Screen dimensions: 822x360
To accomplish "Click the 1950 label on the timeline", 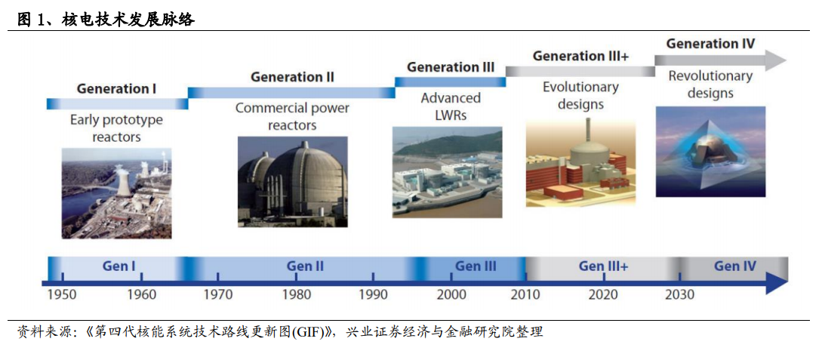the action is point(61,295).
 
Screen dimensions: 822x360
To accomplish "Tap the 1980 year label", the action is point(296,295).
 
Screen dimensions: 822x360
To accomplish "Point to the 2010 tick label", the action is point(526,295).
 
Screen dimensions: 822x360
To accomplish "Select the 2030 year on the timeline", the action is point(680,295).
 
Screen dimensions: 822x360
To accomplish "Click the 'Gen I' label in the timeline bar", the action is point(119,266).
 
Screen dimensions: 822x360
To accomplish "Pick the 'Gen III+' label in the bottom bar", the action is point(603,266).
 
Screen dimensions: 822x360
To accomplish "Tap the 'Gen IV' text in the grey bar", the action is point(735,266).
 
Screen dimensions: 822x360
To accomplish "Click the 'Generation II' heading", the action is point(292,77).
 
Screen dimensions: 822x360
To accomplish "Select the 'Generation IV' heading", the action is point(710,44).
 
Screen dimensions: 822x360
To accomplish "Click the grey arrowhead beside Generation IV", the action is point(774,60).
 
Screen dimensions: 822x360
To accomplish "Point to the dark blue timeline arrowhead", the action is point(777,284).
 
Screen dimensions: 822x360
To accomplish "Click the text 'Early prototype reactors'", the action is point(116,128).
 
